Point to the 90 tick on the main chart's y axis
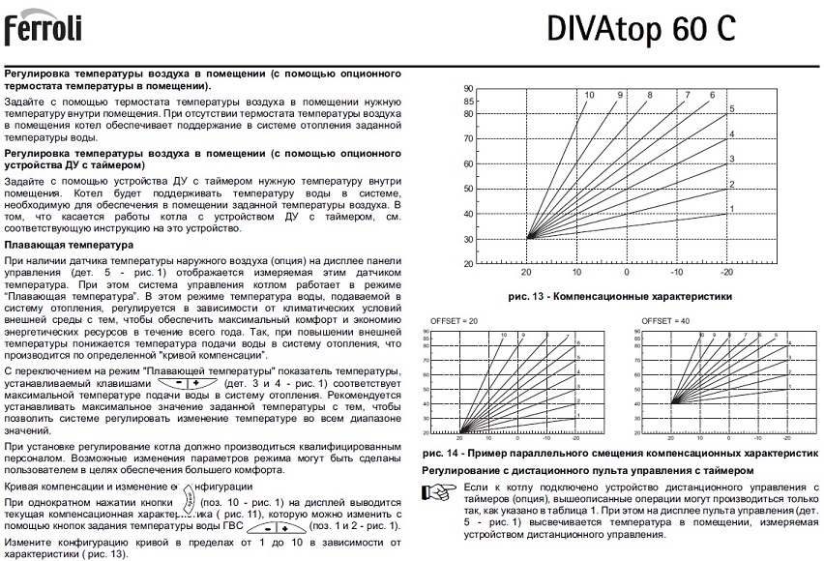coord(468,88)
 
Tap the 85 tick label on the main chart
coord(468,101)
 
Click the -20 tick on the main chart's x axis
coord(725,274)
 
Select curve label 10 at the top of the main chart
coord(588,94)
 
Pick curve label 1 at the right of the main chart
coord(732,209)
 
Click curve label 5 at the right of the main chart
coord(732,108)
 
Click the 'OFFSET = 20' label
coord(452,320)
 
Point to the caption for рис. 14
coord(615,453)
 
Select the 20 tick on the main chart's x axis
coord(527,274)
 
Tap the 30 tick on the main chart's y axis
coord(468,239)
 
